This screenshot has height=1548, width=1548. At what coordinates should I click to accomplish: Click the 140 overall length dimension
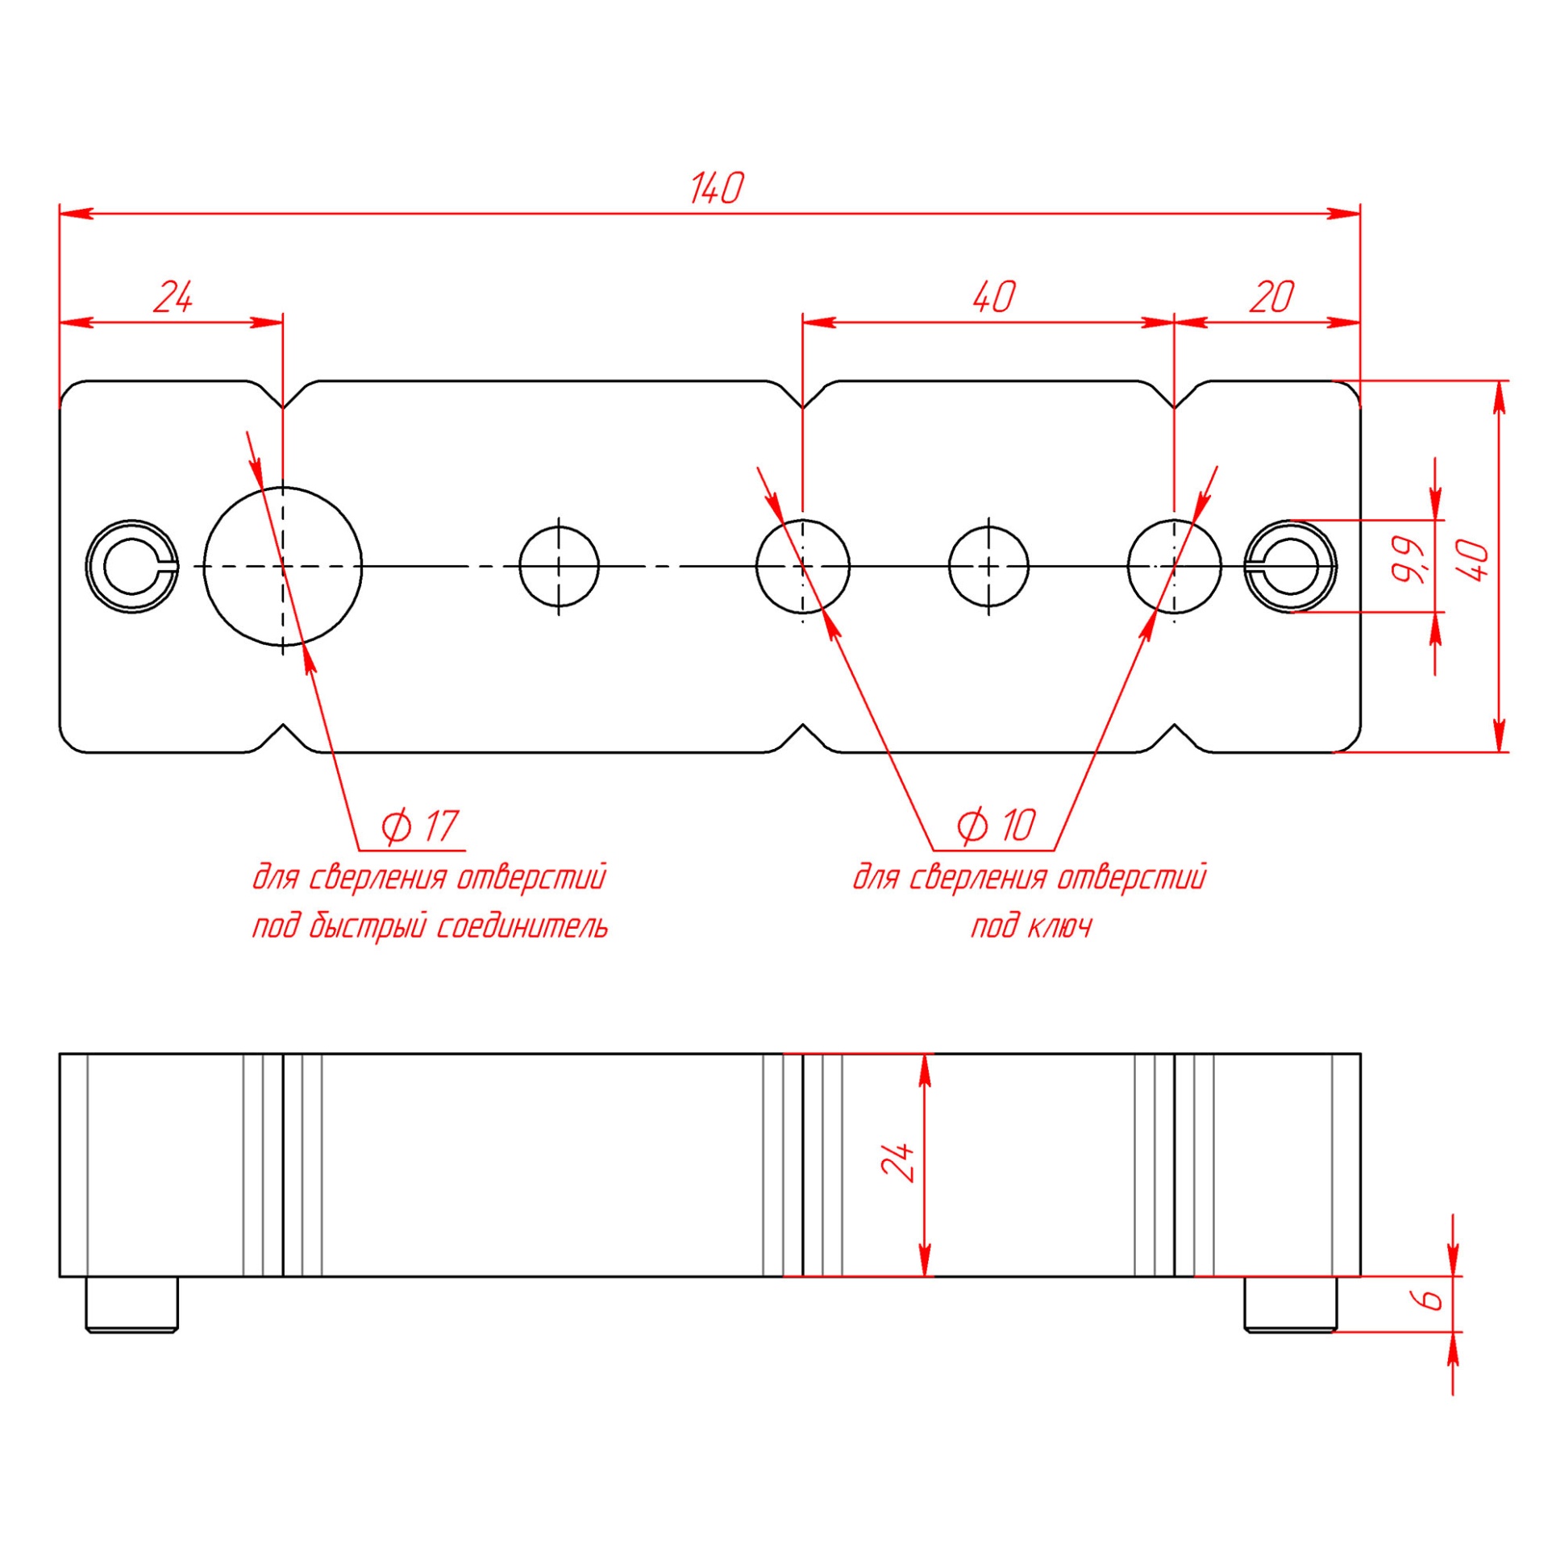tap(716, 188)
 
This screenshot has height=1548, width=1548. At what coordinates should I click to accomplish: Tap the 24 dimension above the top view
tap(173, 298)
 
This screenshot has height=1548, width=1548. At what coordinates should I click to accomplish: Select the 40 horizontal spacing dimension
tap(993, 298)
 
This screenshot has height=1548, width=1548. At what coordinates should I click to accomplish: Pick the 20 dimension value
tap(1271, 298)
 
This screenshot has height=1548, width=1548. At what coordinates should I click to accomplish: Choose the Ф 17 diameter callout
tap(419, 826)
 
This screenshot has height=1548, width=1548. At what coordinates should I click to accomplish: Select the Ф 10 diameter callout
tap(996, 825)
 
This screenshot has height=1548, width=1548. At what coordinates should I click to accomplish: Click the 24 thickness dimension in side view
tap(900, 1162)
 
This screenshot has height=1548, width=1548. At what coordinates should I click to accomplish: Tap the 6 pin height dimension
tap(1431, 1299)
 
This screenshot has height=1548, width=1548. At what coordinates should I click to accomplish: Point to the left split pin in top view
tap(132, 566)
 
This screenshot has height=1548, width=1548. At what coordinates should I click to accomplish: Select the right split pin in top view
tap(1290, 566)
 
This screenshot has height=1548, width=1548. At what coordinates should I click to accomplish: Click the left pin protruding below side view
tap(132, 1304)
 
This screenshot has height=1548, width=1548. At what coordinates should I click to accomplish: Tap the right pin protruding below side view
tap(1290, 1304)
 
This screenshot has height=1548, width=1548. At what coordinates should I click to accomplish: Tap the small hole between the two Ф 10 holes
tap(988, 566)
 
